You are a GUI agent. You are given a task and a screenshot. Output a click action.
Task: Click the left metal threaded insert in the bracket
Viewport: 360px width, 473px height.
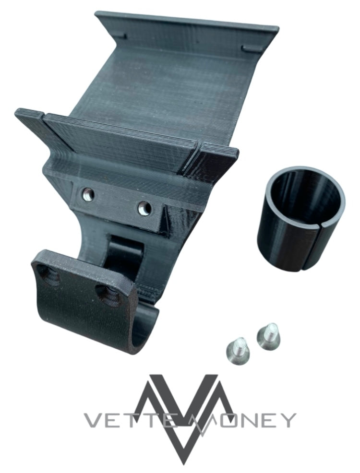[88, 192]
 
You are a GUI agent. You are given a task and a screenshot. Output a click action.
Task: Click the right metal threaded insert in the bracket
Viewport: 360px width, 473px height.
[145, 208]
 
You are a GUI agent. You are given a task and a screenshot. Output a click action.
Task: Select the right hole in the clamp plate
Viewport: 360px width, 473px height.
[106, 294]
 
